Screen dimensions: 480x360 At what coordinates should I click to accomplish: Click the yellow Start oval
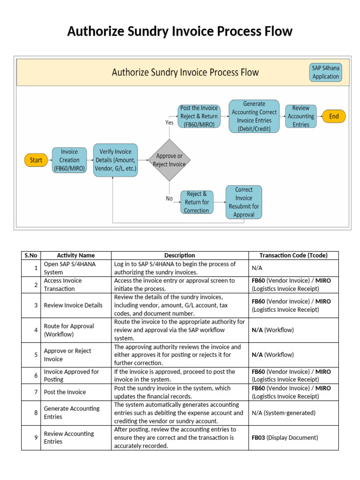coord(36,160)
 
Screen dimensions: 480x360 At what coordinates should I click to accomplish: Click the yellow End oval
coord(334,117)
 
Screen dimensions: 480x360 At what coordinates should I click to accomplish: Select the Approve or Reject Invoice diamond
coord(169,160)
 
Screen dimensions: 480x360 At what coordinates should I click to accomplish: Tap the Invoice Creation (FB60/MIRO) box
coord(70,160)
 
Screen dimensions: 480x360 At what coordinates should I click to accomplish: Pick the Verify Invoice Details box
coord(116,160)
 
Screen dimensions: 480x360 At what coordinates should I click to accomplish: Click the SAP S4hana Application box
coord(326,72)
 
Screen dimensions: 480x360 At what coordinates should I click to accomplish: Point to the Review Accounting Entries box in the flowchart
coord(301,116)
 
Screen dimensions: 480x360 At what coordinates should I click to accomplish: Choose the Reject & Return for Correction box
coord(197,202)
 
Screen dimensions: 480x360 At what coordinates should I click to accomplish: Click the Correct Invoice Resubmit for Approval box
coord(244,202)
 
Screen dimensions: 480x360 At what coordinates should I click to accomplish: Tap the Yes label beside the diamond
coord(169,122)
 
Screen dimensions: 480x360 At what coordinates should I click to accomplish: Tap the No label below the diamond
coord(169,198)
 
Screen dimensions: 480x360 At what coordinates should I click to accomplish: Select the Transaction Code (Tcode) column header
coord(294,255)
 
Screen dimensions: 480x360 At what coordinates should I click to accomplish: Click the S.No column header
coord(31,255)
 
